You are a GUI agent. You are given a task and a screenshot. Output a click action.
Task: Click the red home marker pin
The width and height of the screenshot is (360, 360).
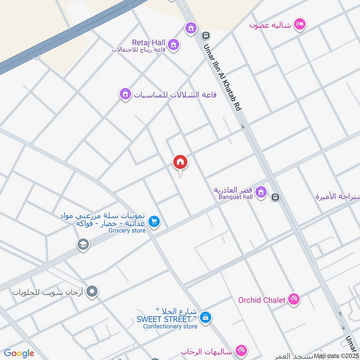[x=180, y=162]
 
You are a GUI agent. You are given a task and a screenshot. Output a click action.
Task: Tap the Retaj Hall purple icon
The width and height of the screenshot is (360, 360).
[x=174, y=44]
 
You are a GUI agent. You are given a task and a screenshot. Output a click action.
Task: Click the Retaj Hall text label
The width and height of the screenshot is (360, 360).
[x=143, y=41]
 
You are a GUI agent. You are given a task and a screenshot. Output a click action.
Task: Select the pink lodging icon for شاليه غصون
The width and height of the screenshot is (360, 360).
[x=299, y=24]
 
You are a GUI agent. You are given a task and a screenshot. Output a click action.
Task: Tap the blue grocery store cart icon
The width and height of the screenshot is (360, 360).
[x=154, y=222]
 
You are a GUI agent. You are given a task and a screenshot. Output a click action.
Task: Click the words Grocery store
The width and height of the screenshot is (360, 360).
[x=127, y=231]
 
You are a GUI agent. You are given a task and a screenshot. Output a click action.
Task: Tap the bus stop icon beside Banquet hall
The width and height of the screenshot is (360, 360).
[x=275, y=197]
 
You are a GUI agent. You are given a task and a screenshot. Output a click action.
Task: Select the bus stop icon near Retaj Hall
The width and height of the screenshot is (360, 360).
[x=206, y=35]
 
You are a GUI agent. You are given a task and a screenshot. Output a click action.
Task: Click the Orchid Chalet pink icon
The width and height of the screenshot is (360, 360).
[x=294, y=299]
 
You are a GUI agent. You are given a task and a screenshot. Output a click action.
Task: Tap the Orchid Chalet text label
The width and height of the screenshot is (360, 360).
[x=262, y=300]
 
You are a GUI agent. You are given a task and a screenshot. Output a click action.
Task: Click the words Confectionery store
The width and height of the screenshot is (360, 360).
[x=170, y=326]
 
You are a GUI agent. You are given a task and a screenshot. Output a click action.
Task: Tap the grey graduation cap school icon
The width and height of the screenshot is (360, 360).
[x=83, y=244]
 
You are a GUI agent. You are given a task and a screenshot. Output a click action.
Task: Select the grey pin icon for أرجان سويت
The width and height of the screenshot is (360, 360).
[x=92, y=292]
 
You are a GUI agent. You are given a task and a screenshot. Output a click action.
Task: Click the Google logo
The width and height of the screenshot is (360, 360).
[x=19, y=353]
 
